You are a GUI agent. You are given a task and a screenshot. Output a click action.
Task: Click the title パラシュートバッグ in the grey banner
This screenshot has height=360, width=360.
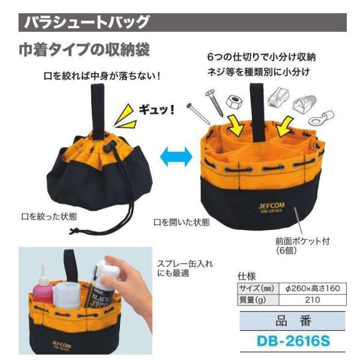(87, 22)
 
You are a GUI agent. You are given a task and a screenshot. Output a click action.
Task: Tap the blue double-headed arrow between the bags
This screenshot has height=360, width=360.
(176, 157)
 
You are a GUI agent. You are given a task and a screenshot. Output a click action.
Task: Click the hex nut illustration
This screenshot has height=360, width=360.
(235, 102)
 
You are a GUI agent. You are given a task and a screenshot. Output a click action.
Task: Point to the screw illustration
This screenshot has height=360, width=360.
(214, 103)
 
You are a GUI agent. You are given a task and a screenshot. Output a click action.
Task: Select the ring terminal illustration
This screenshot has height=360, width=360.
(321, 118)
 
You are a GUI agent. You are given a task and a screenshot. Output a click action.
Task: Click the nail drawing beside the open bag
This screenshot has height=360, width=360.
(198, 114)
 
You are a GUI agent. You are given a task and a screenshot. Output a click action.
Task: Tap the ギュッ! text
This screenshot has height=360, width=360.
(157, 110)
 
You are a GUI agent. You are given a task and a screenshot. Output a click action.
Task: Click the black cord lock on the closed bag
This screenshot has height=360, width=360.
(109, 148)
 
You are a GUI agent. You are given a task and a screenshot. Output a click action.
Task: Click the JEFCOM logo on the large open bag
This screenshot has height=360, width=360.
(271, 205)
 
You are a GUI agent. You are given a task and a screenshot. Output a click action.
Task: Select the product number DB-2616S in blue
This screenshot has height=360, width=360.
(293, 341)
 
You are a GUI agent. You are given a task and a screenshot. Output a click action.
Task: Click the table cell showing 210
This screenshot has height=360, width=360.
(313, 299)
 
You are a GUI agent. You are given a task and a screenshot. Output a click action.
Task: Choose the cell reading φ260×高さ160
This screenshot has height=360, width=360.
(313, 289)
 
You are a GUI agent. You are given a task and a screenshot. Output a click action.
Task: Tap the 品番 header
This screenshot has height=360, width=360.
(293, 321)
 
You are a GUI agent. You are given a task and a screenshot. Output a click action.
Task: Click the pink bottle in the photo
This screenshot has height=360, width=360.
(43, 289)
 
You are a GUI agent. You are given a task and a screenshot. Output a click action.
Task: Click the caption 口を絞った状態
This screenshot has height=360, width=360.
(49, 217)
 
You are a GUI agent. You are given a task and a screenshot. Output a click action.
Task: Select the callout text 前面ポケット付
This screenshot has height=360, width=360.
(302, 241)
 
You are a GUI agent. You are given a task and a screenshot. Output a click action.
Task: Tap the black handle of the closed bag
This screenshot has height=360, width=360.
(98, 112)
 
